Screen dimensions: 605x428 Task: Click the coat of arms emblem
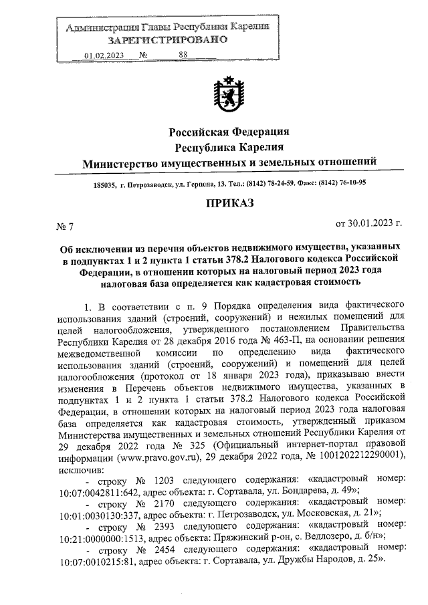coord(229,96)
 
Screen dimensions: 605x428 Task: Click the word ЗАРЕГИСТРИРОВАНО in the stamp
coord(169,40)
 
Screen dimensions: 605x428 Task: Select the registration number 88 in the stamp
coord(183,55)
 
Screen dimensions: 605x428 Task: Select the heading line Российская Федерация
coord(229,130)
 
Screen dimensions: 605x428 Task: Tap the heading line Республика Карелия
coord(229,146)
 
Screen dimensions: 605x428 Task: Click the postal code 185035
coord(106,184)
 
